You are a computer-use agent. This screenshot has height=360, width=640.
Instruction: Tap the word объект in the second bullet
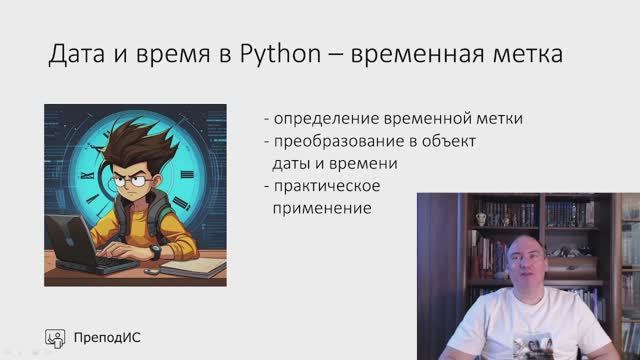[447, 141]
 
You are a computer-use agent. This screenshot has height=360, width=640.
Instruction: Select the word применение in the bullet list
[322, 209]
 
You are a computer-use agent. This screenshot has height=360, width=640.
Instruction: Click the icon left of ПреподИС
[56, 337]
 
